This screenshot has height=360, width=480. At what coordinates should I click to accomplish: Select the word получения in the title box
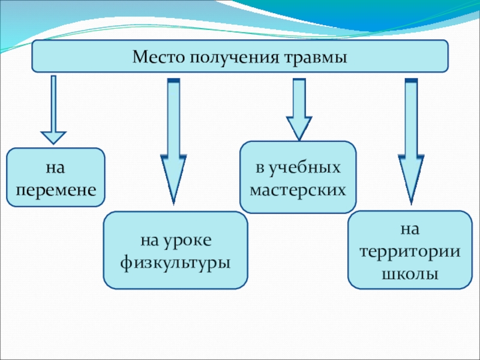234,58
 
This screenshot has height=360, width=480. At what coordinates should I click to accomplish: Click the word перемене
56,190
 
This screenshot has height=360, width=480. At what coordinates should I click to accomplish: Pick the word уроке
187,241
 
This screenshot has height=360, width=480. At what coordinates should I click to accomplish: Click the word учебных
304,168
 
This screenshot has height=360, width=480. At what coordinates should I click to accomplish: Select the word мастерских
298,190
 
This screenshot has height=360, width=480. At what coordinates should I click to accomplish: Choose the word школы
410,274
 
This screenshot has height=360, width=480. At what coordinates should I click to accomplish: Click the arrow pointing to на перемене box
53,110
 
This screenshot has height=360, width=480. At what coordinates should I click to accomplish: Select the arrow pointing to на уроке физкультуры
173,142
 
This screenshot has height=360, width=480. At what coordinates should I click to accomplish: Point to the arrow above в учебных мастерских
299,110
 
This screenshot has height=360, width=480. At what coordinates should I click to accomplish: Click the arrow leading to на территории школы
411,142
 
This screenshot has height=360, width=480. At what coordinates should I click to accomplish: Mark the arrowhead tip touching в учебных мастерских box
299,141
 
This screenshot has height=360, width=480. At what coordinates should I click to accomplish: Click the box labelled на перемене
56,177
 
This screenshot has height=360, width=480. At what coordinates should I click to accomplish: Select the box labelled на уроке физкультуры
175,250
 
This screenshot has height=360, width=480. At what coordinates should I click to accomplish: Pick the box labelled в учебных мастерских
298,177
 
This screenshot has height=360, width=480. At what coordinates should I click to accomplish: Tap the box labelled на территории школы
410,250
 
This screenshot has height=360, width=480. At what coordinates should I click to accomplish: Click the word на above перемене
55,168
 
